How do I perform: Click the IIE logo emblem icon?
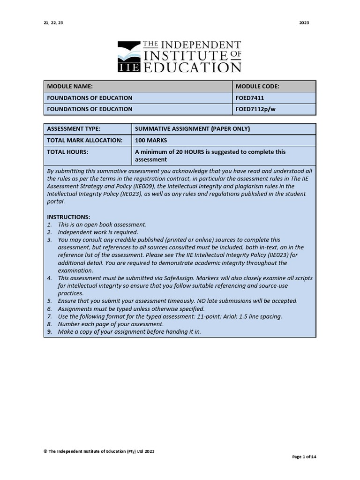pyautogui.click(x=128, y=57)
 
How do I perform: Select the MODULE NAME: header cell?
pyautogui.click(x=69, y=86)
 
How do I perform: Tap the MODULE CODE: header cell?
pyautogui.click(x=257, y=86)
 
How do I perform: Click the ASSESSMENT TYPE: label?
pyautogui.click(x=74, y=129)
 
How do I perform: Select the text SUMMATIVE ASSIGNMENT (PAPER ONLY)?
pyautogui.click(x=192, y=129)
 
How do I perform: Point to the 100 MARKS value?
pyautogui.click(x=151, y=140)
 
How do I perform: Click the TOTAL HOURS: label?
pyautogui.click(x=67, y=152)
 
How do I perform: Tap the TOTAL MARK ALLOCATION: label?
pyautogui.click(x=84, y=140)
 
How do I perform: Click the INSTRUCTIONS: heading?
pyautogui.click(x=68, y=217)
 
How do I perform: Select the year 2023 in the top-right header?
pyautogui.click(x=304, y=23)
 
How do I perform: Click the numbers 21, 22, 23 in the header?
pyautogui.click(x=53, y=23)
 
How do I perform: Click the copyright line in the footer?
pyautogui.click(x=99, y=451)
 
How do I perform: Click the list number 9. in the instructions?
pyautogui.click(x=49, y=331)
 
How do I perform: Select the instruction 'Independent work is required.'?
pyautogui.click(x=98, y=232)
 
